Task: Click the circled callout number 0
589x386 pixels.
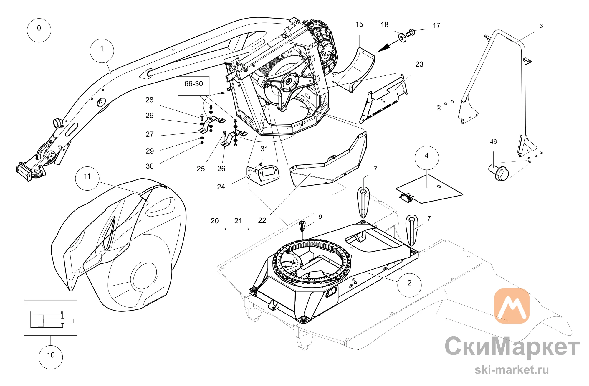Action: (x=39, y=30)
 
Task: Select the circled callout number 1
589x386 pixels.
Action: (x=102, y=51)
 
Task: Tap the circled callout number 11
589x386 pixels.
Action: (x=87, y=178)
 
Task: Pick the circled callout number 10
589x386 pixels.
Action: (x=51, y=357)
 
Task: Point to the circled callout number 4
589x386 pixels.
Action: (x=427, y=158)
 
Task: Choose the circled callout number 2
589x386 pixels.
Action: (x=409, y=285)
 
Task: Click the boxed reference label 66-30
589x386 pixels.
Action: (x=194, y=86)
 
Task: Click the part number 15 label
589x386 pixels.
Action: (x=359, y=24)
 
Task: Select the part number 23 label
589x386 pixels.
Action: (x=419, y=64)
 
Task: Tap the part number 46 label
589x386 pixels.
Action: (x=493, y=142)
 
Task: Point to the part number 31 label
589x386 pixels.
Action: (x=264, y=149)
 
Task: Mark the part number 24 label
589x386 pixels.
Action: (x=221, y=187)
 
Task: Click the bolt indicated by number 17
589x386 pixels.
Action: (x=410, y=32)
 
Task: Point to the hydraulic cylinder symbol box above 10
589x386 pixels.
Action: (x=51, y=318)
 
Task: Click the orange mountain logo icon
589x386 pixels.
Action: (x=512, y=306)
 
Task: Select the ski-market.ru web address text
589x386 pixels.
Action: (x=512, y=369)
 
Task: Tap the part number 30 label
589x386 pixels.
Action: (x=150, y=166)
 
